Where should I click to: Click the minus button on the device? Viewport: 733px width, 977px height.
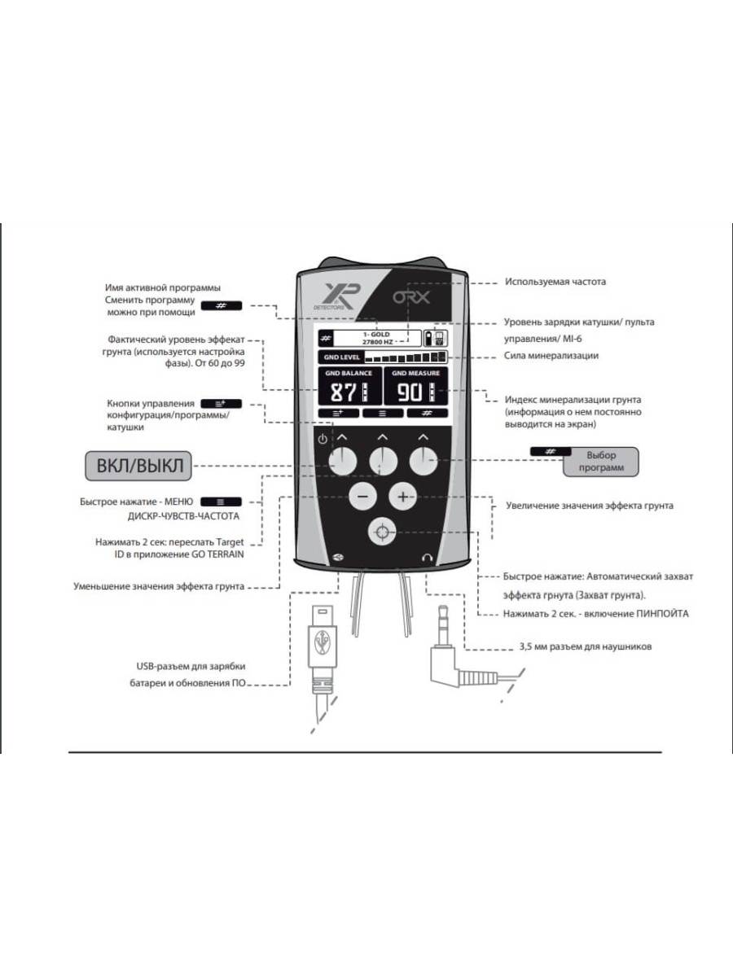[x=362, y=496]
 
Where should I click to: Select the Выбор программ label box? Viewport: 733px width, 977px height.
[x=600, y=462]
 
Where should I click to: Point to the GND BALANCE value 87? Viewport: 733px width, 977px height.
[x=343, y=393]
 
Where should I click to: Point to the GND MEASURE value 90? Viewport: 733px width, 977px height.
[x=412, y=393]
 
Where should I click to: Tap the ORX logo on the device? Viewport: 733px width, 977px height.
[x=411, y=297]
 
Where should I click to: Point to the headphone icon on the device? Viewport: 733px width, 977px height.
[x=425, y=557]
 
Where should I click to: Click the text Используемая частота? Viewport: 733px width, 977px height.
[x=555, y=282]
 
